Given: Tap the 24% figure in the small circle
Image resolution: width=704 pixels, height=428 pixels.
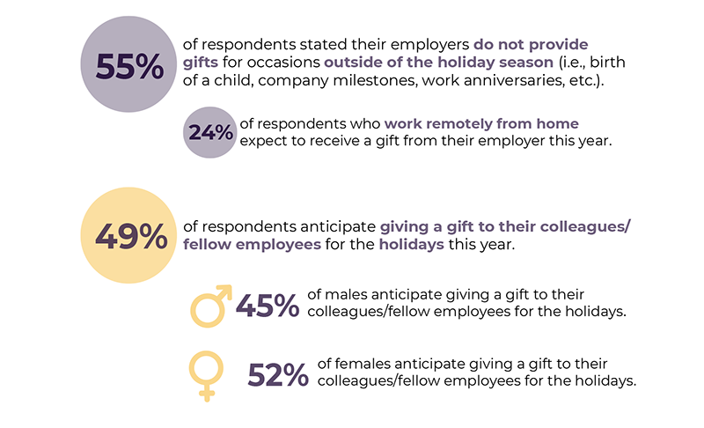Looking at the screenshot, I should pyautogui.click(x=209, y=133).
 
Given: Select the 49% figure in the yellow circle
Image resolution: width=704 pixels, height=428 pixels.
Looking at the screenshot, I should pyautogui.click(x=130, y=235).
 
